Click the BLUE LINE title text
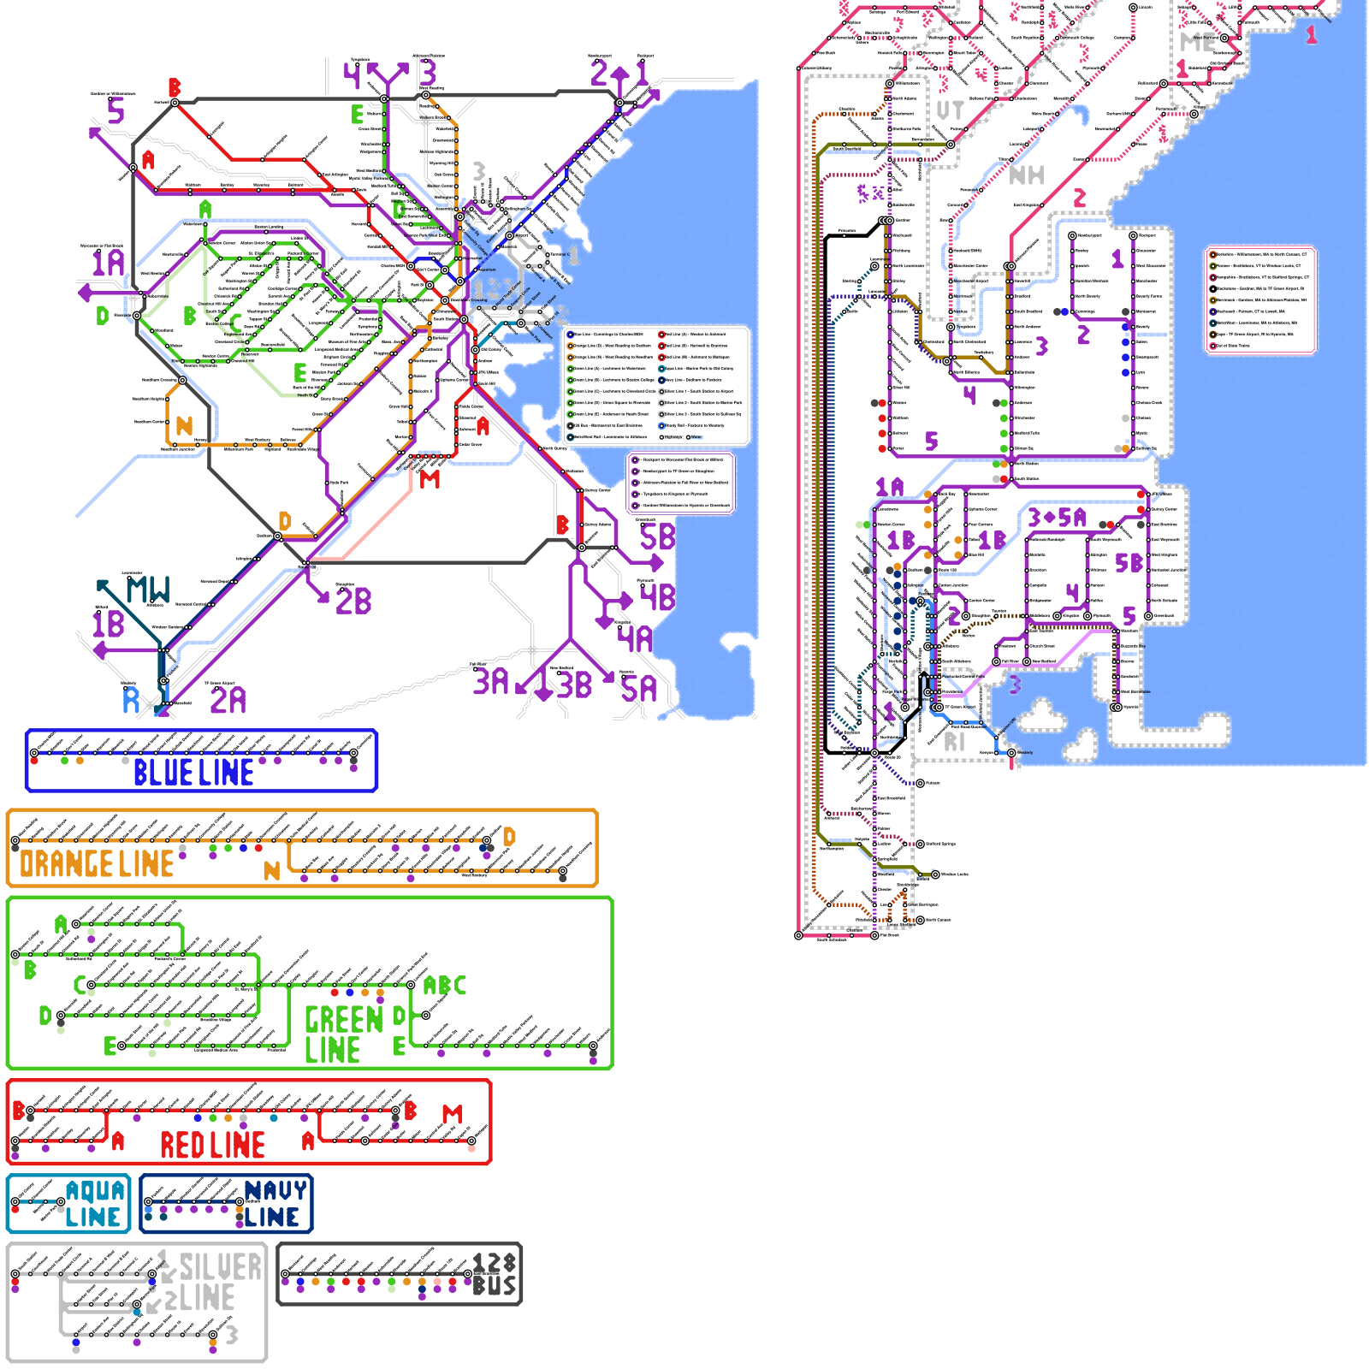(193, 773)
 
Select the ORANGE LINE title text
(97, 864)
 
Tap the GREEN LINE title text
(344, 1034)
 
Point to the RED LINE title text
(212, 1145)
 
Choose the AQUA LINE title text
(94, 1204)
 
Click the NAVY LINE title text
(274, 1204)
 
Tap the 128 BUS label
(495, 1275)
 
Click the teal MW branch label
(148, 590)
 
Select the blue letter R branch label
(131, 700)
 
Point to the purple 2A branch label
(228, 700)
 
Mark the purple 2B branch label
(353, 602)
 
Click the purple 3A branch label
(491, 682)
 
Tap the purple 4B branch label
(657, 596)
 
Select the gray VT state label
(950, 110)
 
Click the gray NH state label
(1027, 175)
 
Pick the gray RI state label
(954, 742)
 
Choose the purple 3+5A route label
(1057, 518)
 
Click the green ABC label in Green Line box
(445, 986)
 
